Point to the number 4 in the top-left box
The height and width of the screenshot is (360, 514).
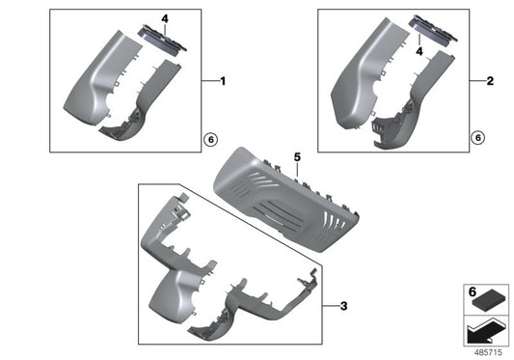pos(165,17)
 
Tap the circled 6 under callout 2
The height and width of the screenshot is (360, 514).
pos(475,139)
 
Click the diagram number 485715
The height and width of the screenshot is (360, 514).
pos(493,351)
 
